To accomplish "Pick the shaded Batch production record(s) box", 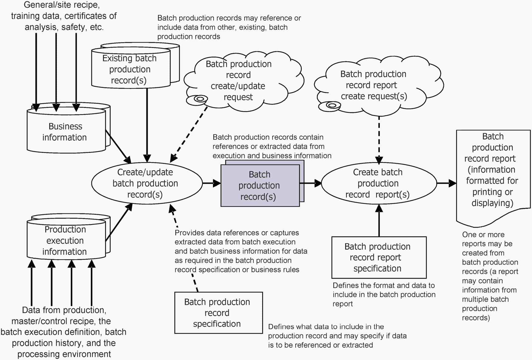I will (x=260, y=185).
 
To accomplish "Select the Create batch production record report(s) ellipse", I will (x=378, y=183).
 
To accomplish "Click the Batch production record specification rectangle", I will (x=218, y=313).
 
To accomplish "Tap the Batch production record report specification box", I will (x=379, y=257).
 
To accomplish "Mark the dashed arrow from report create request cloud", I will (x=379, y=140).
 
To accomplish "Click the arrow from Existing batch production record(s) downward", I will (x=147, y=124).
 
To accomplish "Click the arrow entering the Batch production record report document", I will (x=446, y=183).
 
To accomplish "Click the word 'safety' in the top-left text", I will (x=73, y=27).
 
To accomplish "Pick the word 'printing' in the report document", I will (x=492, y=192).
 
